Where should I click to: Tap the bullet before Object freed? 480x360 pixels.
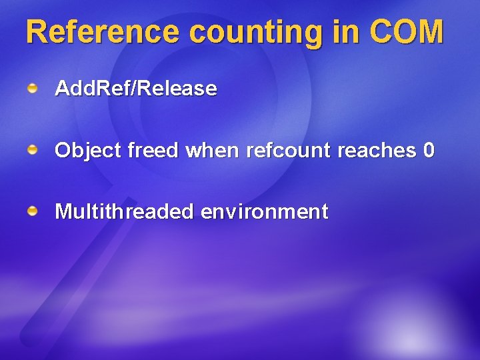coord(32,151)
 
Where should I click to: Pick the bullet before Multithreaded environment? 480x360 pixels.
coord(32,212)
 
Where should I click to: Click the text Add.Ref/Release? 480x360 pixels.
coord(136,89)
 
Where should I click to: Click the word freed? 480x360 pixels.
coord(153,151)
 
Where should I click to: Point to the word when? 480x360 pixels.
coord(213,151)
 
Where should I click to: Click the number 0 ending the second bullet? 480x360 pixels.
coord(429,151)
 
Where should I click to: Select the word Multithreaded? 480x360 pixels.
coord(124,212)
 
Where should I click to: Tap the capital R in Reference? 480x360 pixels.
coord(37,31)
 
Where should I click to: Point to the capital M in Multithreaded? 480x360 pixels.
coord(63,212)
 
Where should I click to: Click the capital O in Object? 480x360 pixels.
coord(63,151)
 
